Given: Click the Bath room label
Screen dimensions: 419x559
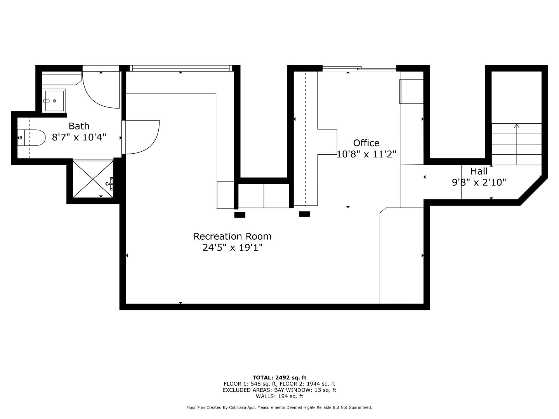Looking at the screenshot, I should (79, 126).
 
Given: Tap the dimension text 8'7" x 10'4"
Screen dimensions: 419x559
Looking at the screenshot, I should (79, 137).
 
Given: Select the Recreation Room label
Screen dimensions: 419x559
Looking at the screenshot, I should (232, 236).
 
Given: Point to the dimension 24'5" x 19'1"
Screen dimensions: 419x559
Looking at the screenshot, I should (232, 248).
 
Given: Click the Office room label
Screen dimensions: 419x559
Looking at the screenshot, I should (366, 143).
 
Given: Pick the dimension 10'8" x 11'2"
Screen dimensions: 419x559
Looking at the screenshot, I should (366, 154).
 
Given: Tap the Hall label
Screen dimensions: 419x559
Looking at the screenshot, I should (479, 171).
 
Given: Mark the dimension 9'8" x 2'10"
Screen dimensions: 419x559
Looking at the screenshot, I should (479, 182).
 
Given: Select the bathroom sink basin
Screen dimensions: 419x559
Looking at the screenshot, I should (54, 101).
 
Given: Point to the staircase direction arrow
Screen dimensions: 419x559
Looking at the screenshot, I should (517, 126).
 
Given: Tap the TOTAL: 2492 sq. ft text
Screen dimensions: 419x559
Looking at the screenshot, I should (279, 377).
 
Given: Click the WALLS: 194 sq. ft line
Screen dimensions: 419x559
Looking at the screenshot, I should (279, 396).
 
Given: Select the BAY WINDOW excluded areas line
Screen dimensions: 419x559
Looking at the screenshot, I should (279, 390).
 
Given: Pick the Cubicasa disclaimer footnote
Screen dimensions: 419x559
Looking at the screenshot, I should (279, 407).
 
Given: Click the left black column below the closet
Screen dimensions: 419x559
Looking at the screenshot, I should (240, 215).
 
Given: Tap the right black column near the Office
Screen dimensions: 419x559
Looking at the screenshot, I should (304, 214).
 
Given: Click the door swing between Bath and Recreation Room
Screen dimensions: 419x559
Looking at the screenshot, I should (142, 137).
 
